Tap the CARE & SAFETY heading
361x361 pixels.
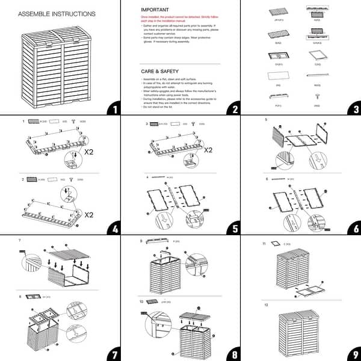[161, 71]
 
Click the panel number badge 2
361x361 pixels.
[231, 110]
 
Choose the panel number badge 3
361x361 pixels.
[351, 110]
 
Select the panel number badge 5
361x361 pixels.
[231, 230]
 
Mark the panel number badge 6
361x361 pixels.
[351, 230]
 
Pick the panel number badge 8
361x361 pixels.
[231, 351]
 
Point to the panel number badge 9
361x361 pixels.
[351, 351]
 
